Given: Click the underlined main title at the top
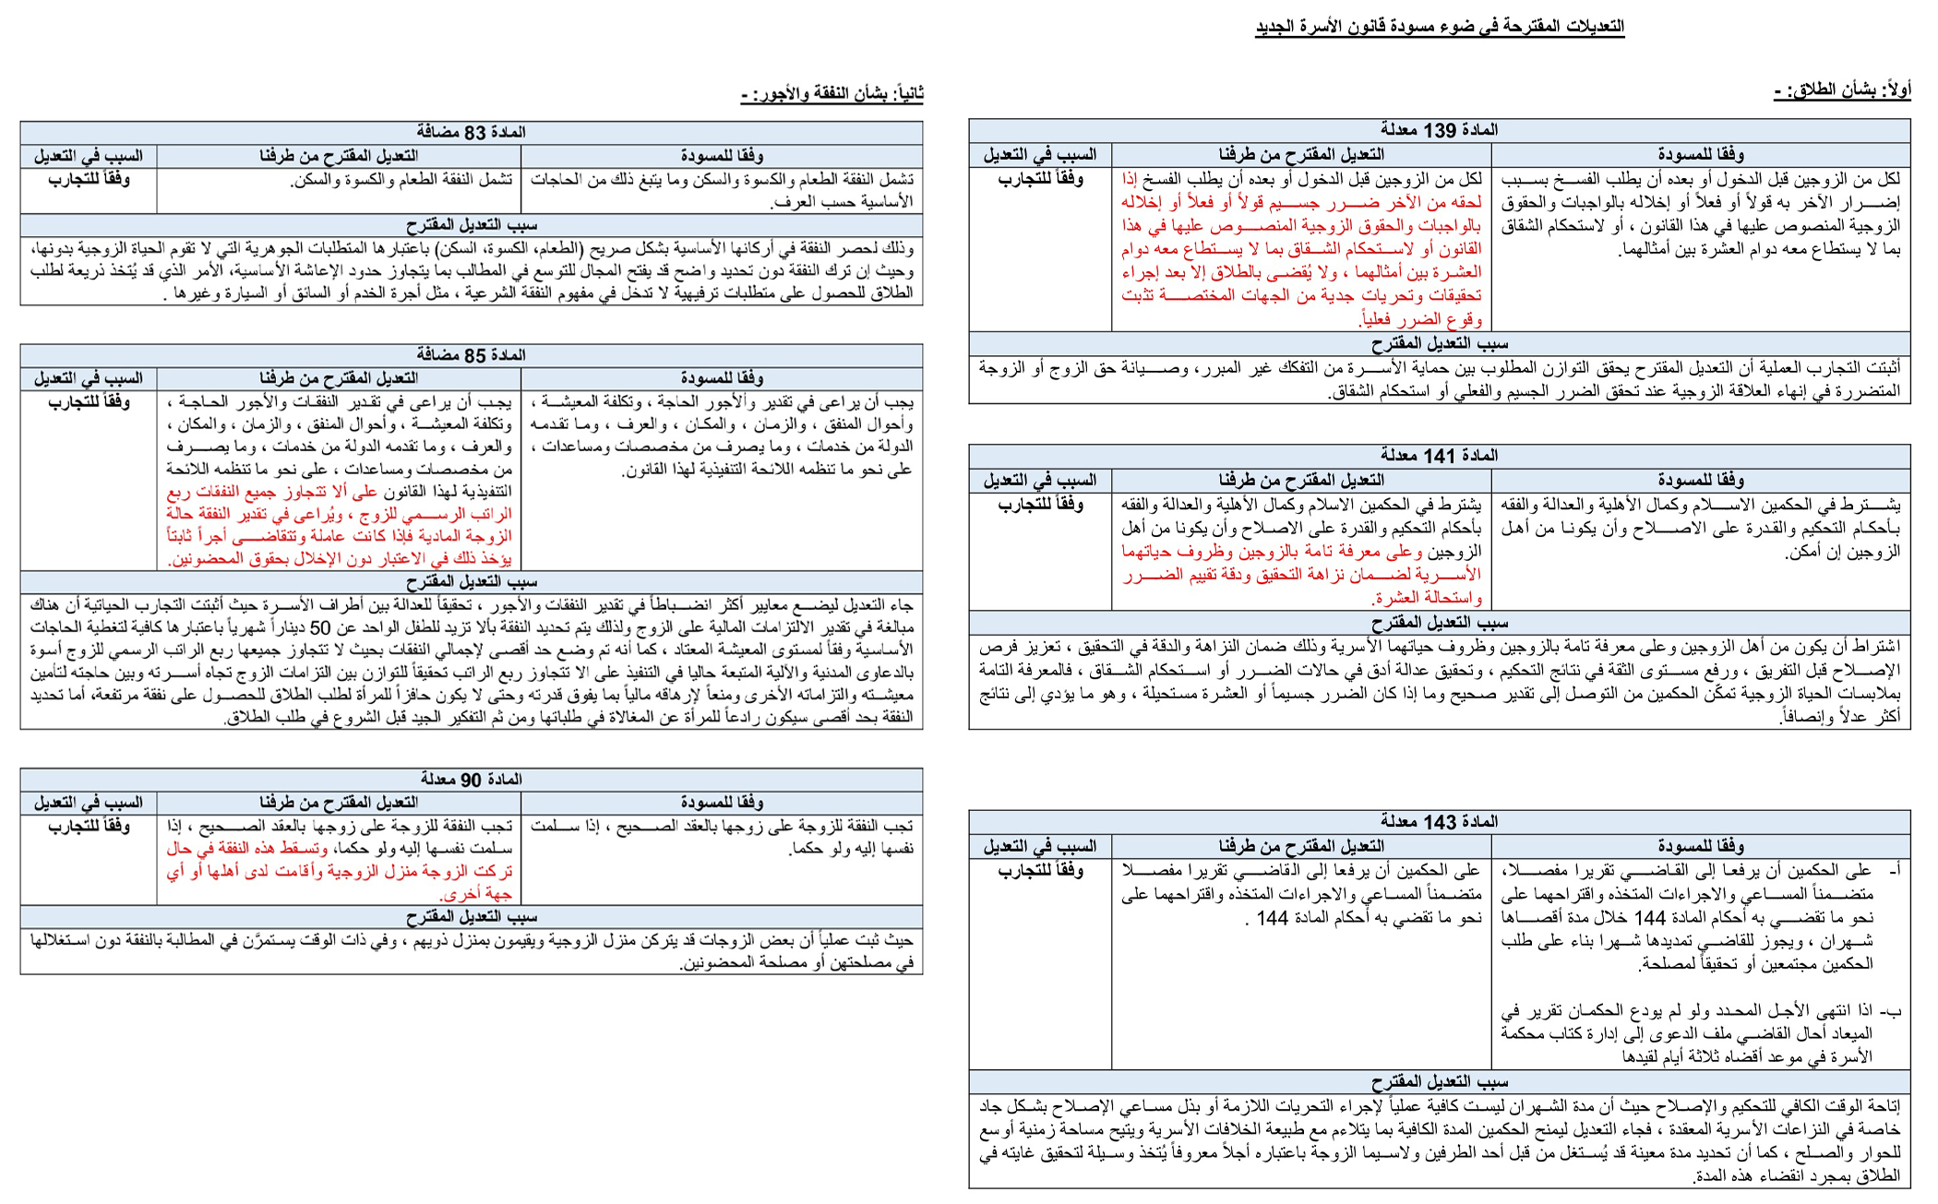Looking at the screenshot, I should tap(1439, 27).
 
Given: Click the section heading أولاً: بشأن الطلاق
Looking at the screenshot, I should tap(1842, 91).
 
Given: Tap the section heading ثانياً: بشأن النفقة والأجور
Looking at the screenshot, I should tap(831, 94).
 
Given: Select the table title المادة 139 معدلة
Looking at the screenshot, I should tap(1439, 130).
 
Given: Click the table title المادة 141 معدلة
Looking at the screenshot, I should tap(1439, 456).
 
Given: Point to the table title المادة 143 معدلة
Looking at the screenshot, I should tap(1439, 822).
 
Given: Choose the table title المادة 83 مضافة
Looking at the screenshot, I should tap(471, 133).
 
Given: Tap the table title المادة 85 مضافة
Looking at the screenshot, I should tap(471, 355).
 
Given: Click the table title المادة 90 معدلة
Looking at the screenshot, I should tap(471, 780).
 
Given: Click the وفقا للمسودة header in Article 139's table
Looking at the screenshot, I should tap(1700, 155).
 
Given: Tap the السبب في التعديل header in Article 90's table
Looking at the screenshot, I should tap(89, 803).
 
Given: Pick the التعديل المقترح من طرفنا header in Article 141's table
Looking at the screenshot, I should tap(1300, 480).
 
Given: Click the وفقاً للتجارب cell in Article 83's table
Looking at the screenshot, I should tap(89, 179).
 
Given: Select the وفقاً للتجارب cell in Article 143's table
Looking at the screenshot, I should tap(1040, 870).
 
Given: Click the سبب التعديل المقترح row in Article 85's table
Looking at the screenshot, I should tap(471, 582).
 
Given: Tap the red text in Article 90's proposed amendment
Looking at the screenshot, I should tap(340, 872).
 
